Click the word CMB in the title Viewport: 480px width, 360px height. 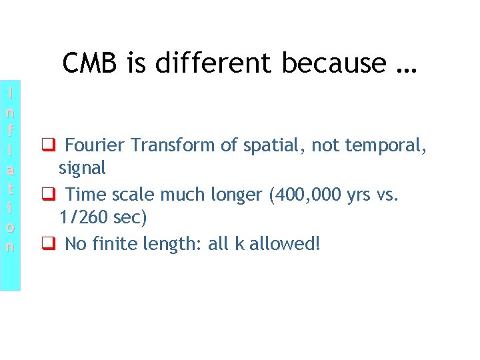pos(87,63)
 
